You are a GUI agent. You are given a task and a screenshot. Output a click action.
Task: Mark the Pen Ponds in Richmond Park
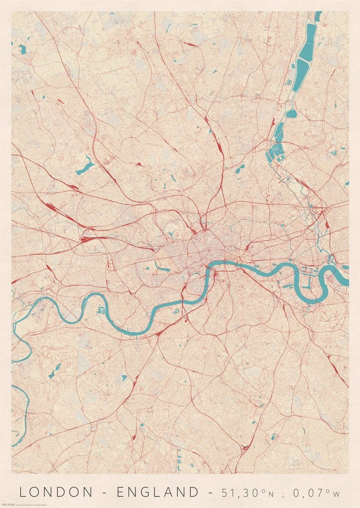(x=57, y=370)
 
